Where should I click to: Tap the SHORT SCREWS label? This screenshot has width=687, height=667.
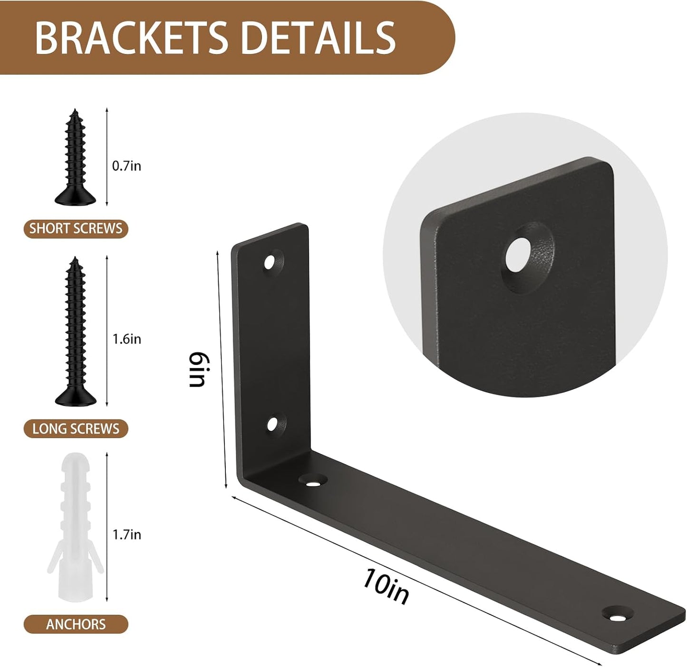pyautogui.click(x=76, y=228)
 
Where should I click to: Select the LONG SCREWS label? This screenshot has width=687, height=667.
pyautogui.click(x=76, y=429)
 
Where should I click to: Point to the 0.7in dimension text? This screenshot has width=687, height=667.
pyautogui.click(x=126, y=166)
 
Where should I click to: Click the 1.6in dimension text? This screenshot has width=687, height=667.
pyautogui.click(x=127, y=339)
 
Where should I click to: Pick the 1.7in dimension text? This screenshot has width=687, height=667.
pyautogui.click(x=127, y=534)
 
